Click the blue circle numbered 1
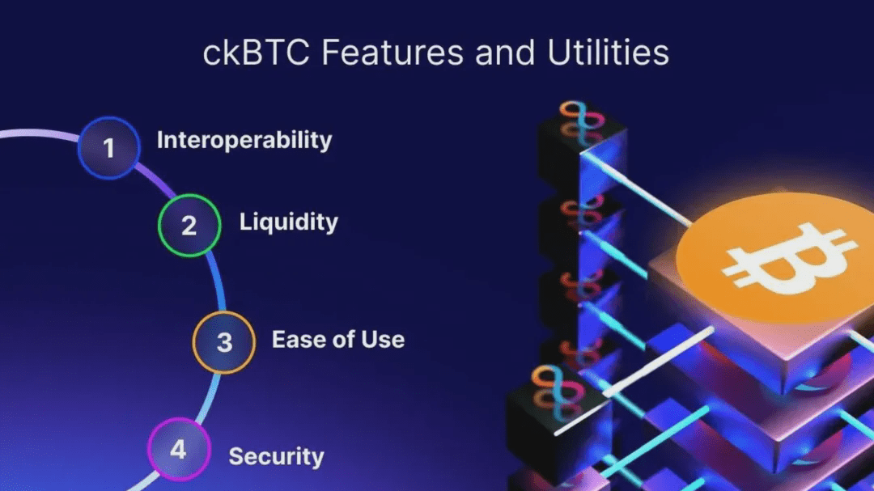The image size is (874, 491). pyautogui.click(x=109, y=148)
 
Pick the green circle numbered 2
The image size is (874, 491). pyautogui.click(x=189, y=225)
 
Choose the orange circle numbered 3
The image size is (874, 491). pyautogui.click(x=224, y=341)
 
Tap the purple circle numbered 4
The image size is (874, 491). pyautogui.click(x=178, y=449)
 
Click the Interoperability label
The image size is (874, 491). pyautogui.click(x=244, y=140)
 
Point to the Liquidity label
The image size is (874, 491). pyautogui.click(x=288, y=222)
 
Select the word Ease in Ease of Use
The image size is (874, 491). pyautogui.click(x=296, y=339)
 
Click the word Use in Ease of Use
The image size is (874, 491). pyautogui.click(x=384, y=339)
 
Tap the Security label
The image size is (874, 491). pyautogui.click(x=276, y=456)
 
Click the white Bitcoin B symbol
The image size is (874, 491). pyautogui.click(x=788, y=259)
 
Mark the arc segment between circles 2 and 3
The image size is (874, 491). pyautogui.click(x=218, y=279)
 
